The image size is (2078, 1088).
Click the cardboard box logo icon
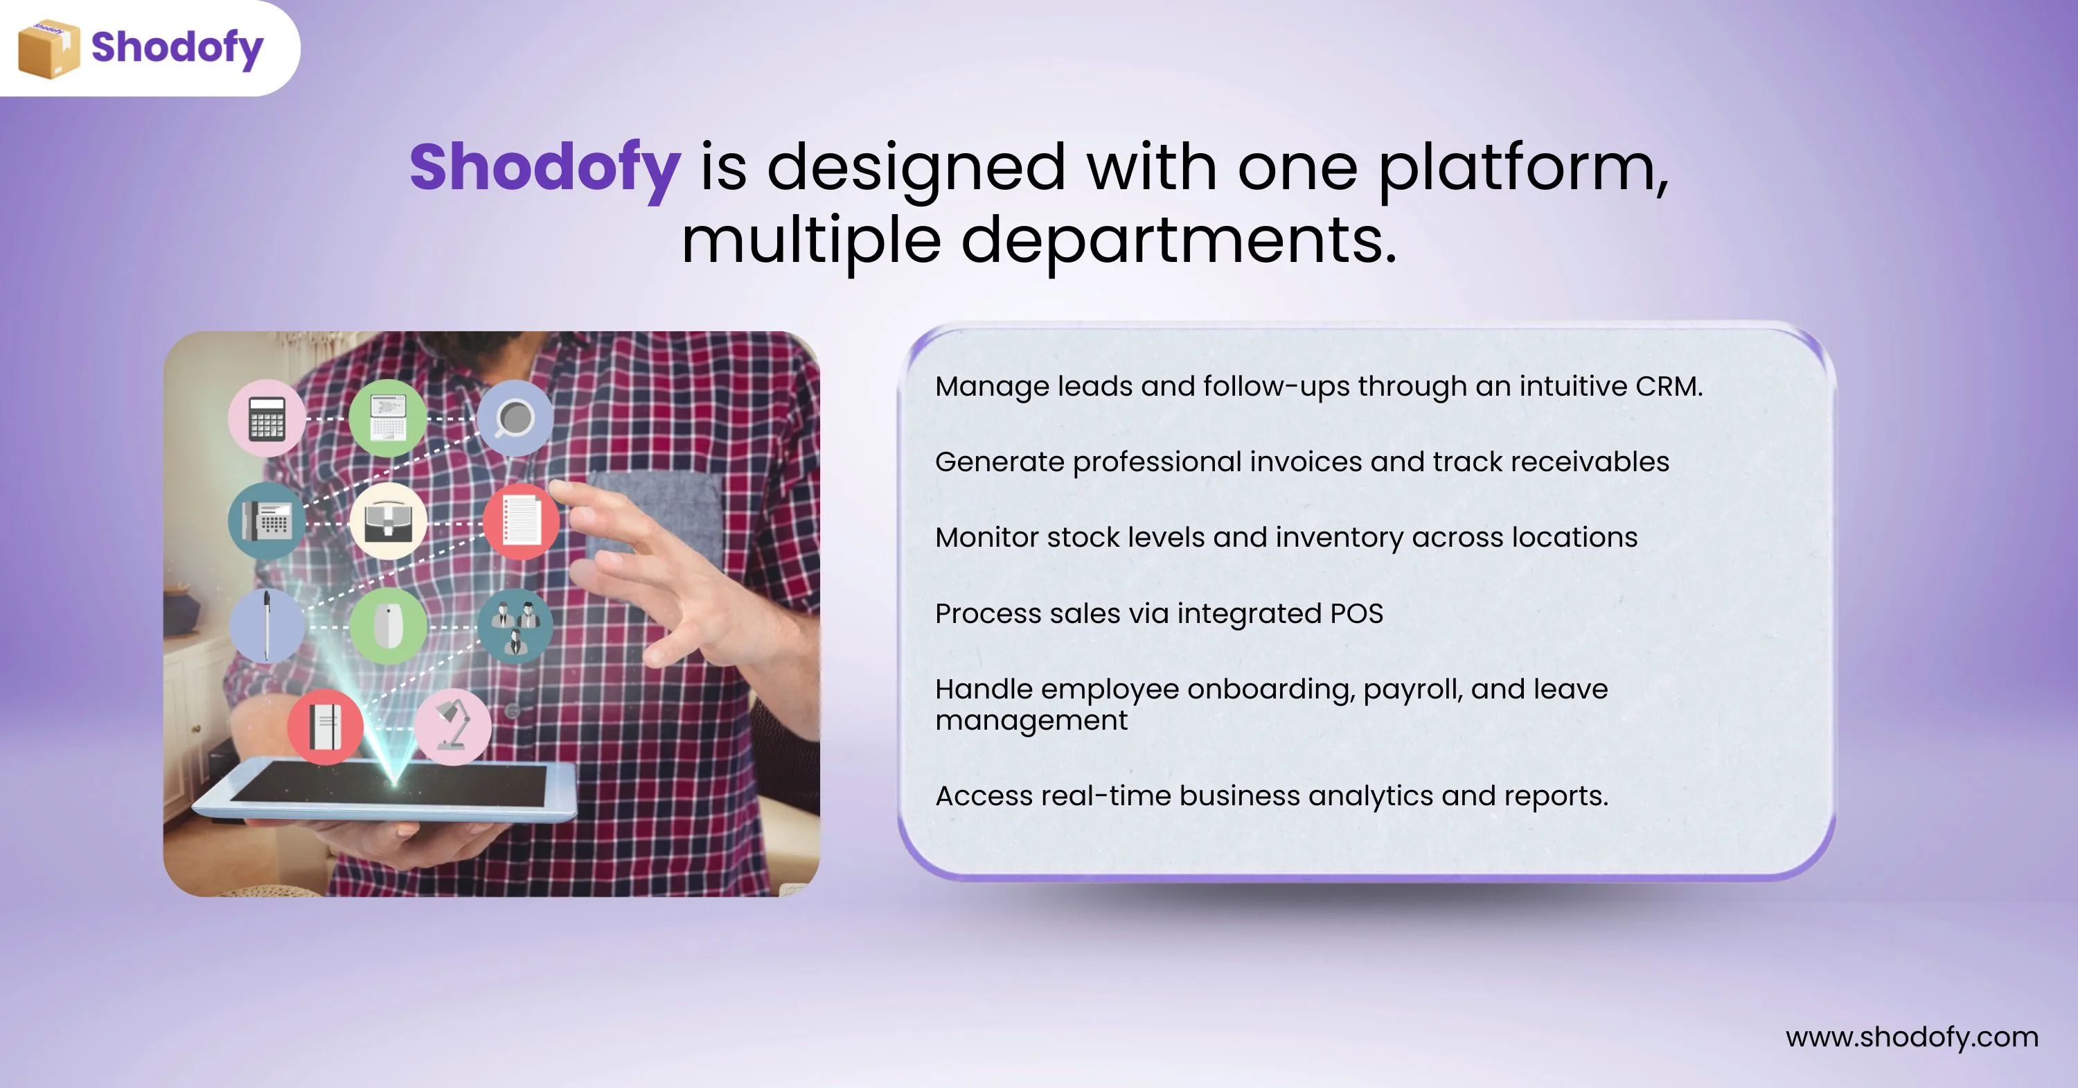pyautogui.click(x=48, y=49)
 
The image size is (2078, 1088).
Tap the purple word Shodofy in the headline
pyautogui.click(x=544, y=167)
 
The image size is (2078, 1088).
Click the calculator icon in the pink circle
pyautogui.click(x=267, y=418)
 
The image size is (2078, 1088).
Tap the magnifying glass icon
pyautogui.click(x=514, y=419)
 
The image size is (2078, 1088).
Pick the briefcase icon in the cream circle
pyautogui.click(x=389, y=520)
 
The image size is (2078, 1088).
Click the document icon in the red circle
pyautogui.click(x=521, y=520)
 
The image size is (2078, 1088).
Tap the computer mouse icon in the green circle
pyautogui.click(x=389, y=626)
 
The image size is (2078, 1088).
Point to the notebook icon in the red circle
pyautogui.click(x=325, y=726)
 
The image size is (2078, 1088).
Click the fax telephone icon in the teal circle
pyautogui.click(x=267, y=520)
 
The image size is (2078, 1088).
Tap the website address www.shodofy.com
pyautogui.click(x=1912, y=1037)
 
